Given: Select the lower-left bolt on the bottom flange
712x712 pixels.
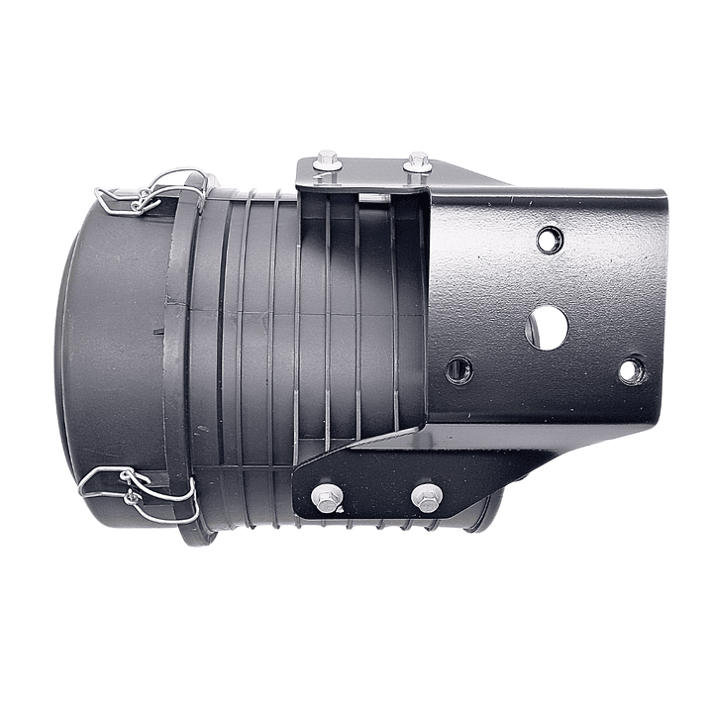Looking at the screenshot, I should (x=326, y=497).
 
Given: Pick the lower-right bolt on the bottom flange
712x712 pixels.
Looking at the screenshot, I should (x=427, y=497).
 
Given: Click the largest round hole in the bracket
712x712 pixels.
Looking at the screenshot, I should (x=547, y=327).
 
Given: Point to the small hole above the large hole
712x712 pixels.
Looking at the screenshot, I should (x=549, y=239).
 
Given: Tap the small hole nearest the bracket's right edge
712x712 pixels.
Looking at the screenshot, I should (x=630, y=371).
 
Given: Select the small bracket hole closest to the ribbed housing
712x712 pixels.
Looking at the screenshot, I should (x=458, y=370).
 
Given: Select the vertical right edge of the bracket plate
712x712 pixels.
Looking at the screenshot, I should (x=661, y=307).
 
